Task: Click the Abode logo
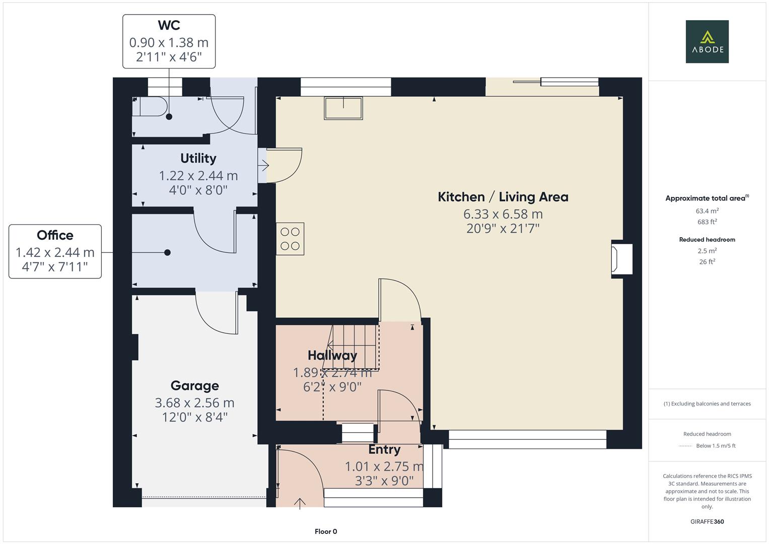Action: [707, 41]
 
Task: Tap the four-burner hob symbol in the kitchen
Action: [290, 239]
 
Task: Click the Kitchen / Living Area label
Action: [503, 197]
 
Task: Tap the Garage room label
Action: [194, 386]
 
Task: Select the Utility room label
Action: [198, 158]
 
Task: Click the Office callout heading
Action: [55, 235]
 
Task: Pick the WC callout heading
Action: [169, 25]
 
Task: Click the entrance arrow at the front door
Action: [300, 503]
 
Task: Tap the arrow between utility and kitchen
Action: [263, 165]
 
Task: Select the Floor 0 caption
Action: [326, 531]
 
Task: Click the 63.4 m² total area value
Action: [707, 211]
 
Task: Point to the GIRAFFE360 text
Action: [707, 521]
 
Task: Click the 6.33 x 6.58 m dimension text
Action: [503, 214]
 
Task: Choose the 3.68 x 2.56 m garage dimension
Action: [194, 403]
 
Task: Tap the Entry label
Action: [384, 449]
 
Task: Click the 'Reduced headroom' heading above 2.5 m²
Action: [707, 240]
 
